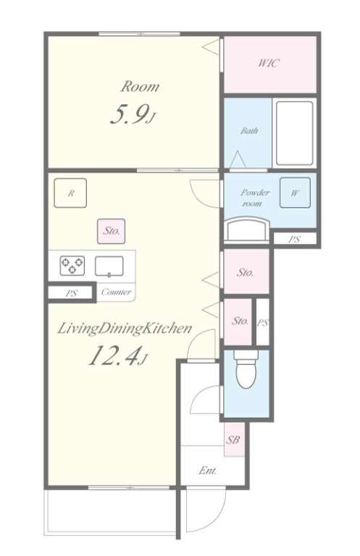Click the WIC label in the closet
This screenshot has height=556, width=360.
tap(269, 64)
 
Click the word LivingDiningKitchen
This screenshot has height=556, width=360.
tap(125, 329)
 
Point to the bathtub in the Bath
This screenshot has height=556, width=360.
tap(294, 133)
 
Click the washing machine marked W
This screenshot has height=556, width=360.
tap(295, 193)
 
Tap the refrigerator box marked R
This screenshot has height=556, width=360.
tap(70, 193)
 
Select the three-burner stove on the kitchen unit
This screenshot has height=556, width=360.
tap(72, 266)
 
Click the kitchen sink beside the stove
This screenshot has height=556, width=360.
tap(109, 266)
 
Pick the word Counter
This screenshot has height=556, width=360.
tap(116, 292)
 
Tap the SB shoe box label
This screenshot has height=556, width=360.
tap(233, 440)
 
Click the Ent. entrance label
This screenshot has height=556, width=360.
tap(207, 471)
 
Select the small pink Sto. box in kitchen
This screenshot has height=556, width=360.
tap(111, 231)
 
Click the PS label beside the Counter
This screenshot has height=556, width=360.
tap(71, 294)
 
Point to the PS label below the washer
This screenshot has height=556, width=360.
tap(294, 239)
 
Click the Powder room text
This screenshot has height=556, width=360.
tap(255, 198)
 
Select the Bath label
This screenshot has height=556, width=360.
tap(249, 130)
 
